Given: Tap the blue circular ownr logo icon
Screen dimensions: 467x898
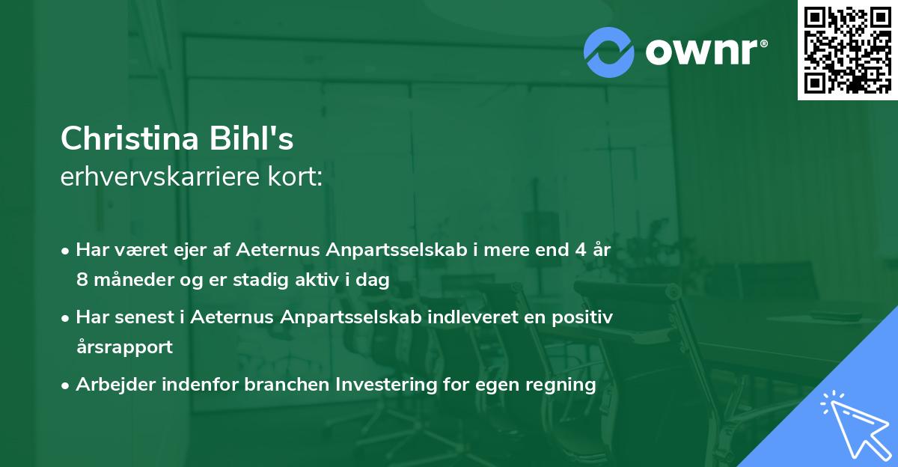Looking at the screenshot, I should pyautogui.click(x=609, y=52).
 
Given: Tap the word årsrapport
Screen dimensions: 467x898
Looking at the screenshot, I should pyautogui.click(x=124, y=347).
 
